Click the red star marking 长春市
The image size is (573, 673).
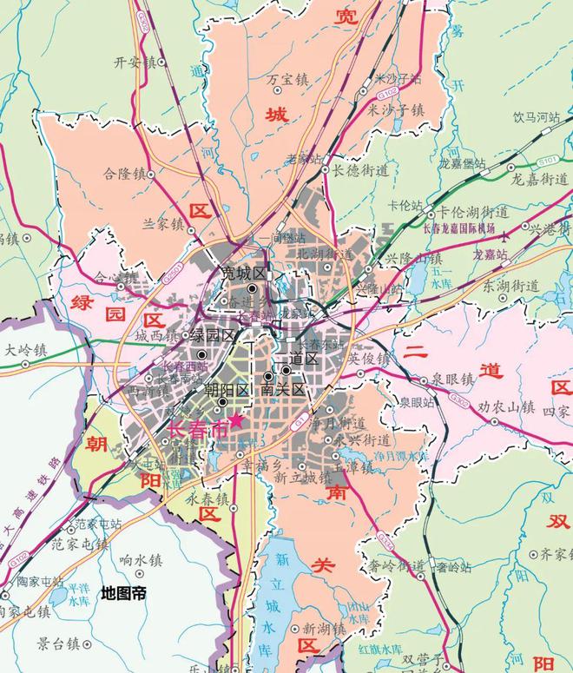point(235,419)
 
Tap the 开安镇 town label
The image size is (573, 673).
point(133,63)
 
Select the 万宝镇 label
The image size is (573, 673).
point(286,79)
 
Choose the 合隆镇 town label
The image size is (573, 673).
point(122,173)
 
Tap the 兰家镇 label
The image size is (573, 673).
point(163,224)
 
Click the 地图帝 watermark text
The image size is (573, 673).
point(123,593)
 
